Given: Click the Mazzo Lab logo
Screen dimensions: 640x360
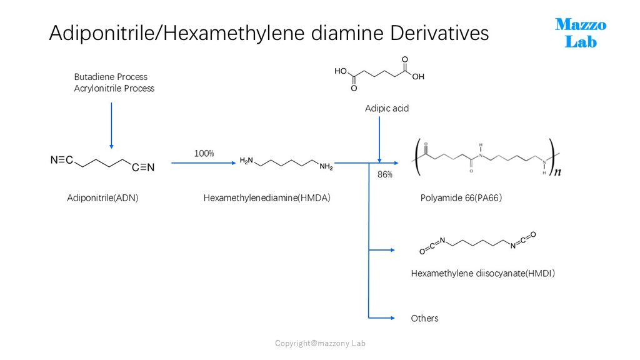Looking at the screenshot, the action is click(x=581, y=33).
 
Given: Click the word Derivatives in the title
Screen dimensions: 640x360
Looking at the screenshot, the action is click(x=439, y=33).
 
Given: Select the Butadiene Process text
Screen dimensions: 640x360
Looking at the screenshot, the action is click(x=111, y=77).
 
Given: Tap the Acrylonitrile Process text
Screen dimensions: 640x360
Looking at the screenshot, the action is click(x=114, y=88).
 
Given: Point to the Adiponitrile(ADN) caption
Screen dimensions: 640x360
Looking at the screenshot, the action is click(x=103, y=198).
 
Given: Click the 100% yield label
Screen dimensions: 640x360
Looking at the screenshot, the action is click(x=204, y=154).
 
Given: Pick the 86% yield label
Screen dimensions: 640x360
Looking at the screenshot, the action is click(x=385, y=175).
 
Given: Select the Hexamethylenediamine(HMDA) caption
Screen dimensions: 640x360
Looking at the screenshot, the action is click(x=267, y=198).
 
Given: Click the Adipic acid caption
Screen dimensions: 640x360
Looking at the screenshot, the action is click(x=387, y=109).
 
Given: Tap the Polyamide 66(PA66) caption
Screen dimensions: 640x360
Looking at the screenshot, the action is click(x=461, y=198).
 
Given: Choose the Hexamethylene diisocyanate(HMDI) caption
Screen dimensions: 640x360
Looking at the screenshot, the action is click(x=483, y=274).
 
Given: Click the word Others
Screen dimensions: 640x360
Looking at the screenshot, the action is click(x=424, y=318).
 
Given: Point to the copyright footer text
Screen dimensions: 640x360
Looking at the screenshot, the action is click(x=320, y=343).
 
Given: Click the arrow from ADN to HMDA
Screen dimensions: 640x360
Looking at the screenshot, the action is click(x=204, y=163).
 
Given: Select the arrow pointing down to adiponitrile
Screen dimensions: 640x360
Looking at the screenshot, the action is click(x=111, y=126).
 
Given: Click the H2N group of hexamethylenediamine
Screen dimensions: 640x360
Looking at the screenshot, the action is click(x=246, y=161).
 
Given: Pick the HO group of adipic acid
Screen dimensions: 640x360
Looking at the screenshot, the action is click(x=341, y=71).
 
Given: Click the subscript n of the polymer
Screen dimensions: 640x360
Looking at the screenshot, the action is click(x=557, y=172).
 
